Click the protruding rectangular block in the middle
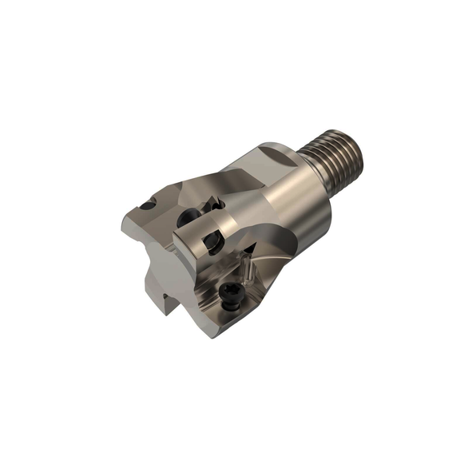point(200,248)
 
